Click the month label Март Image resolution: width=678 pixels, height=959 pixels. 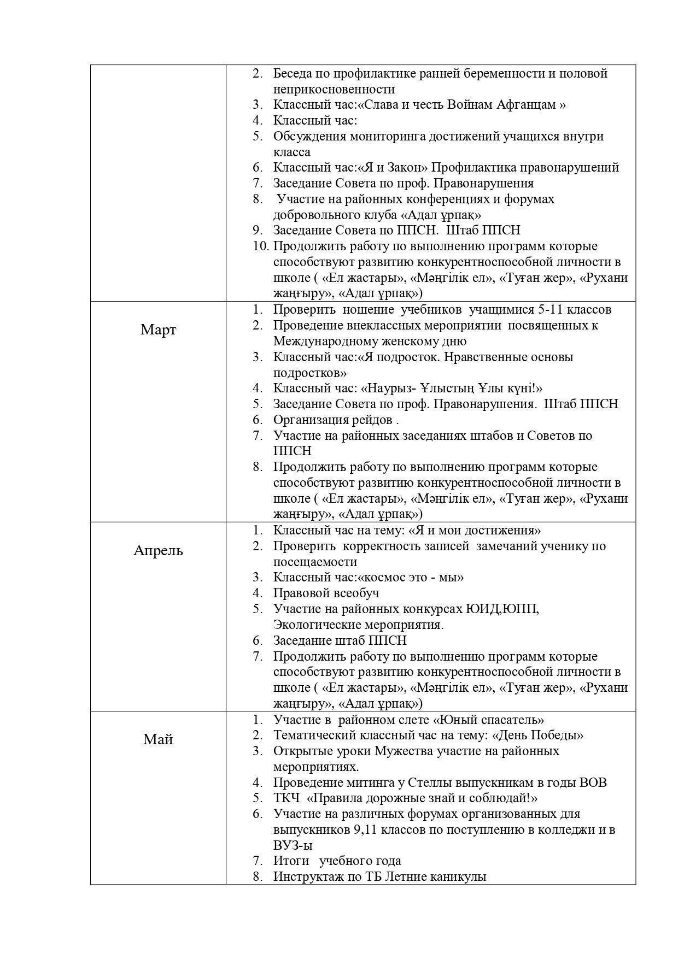(158, 330)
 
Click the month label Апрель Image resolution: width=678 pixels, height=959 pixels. (158, 550)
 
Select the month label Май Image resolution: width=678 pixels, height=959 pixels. (158, 739)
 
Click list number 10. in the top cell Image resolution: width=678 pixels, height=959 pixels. (260, 246)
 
